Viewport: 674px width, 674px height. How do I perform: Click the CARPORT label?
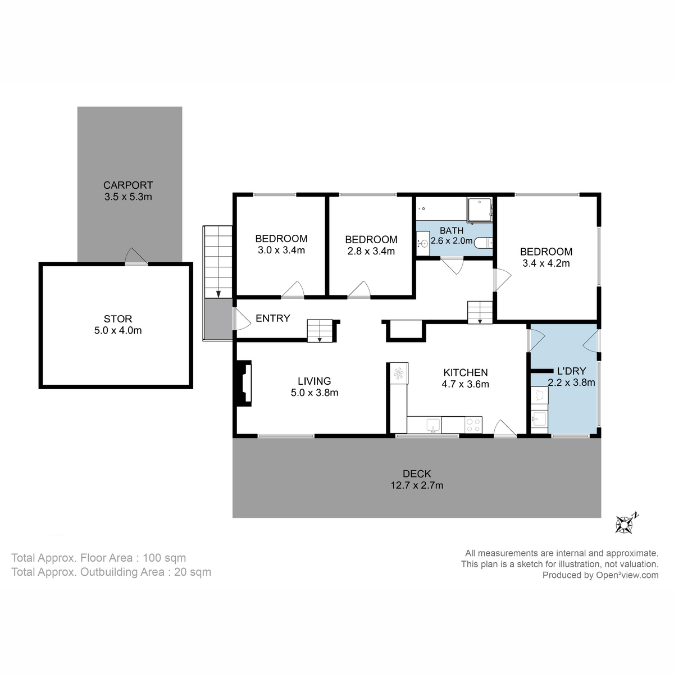coord(128,185)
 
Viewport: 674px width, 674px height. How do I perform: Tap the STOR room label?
coord(118,319)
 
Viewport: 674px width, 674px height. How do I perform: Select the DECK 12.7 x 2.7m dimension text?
coord(417,485)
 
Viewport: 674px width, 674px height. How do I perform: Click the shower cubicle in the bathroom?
coord(480,210)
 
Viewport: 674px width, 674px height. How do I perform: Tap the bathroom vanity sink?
coord(423,243)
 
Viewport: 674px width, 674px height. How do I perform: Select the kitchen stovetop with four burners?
coord(473,424)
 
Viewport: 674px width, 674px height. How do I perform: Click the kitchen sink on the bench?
coord(433,425)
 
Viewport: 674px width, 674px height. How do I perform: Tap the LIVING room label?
coord(314,381)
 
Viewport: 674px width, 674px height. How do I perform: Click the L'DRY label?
coord(571,371)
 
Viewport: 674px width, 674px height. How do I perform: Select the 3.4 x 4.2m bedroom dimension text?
coord(546,263)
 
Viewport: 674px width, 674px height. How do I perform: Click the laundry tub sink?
coord(539,418)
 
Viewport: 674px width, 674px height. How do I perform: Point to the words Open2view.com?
coord(627,575)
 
